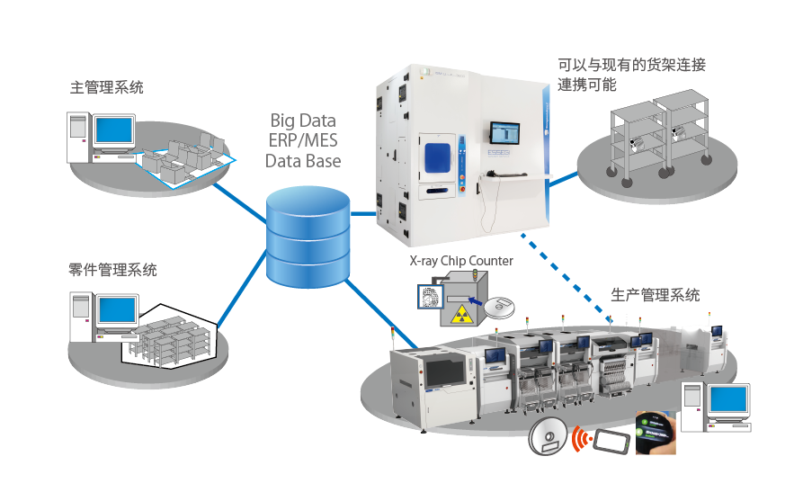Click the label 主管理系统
106,87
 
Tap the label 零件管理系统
112,270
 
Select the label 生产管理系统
655,295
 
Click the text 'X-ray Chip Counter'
461,261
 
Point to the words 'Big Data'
303,121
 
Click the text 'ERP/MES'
303,141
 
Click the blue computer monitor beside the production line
727,398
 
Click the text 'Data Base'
303,161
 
